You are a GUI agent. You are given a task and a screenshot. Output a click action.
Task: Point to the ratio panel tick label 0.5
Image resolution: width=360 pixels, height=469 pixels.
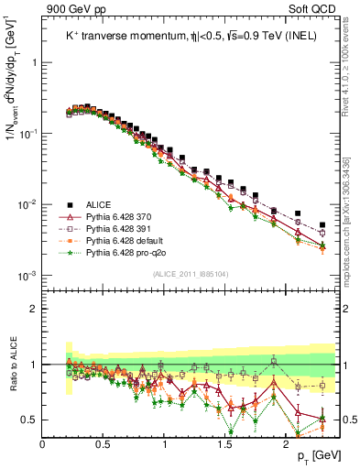30,420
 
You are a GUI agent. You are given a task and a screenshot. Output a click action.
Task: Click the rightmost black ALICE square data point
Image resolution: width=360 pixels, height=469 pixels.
322,224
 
